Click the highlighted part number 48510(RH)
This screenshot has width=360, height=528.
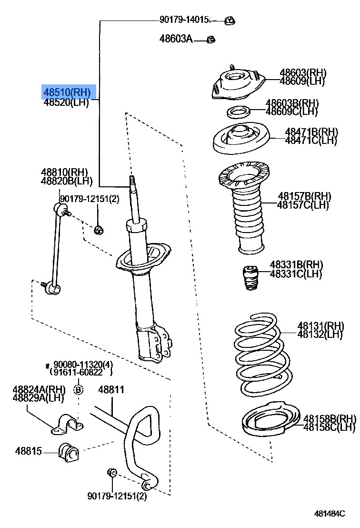coord(67,91)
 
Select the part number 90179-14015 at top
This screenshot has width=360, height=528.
coord(185,20)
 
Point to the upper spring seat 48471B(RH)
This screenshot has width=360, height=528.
coord(240,140)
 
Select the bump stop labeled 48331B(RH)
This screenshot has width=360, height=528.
coord(249,278)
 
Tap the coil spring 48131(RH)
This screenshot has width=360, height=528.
coord(261,353)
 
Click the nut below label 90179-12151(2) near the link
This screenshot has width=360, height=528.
coord(99,231)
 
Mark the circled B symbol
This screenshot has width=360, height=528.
coord(79,390)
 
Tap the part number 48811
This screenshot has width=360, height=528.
coord(111,390)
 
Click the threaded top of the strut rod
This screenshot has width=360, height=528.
coord(132,182)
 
